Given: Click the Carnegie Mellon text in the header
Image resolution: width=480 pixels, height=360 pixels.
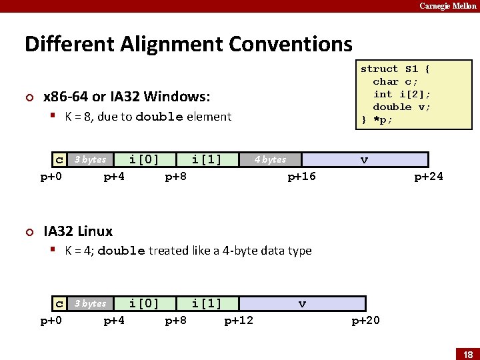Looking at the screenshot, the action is point(448,6).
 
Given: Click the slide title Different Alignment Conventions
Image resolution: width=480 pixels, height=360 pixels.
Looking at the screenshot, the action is point(189,44).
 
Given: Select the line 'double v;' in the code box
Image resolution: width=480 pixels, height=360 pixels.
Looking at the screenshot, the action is point(401,107).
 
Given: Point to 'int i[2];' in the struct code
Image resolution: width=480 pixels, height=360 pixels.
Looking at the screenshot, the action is point(401,94).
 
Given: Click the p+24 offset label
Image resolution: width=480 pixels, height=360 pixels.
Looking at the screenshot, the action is point(428,177).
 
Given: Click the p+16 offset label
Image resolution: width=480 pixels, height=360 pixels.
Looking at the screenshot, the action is point(301,177).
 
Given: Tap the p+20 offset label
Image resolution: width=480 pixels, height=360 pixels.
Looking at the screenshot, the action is point(365,321).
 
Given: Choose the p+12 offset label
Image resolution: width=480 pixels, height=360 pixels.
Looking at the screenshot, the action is point(239,321).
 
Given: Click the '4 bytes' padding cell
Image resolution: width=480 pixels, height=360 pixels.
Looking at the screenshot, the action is point(270,160).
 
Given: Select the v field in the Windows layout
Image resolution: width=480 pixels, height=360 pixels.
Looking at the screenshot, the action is point(364,160).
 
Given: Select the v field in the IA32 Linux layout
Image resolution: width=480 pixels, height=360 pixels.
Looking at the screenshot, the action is point(302,304).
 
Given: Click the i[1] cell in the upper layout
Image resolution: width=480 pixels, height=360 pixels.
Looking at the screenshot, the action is point(207,160).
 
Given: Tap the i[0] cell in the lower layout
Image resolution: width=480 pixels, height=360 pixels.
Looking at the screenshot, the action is point(144,304).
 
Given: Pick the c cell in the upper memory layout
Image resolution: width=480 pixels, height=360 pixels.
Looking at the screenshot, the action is point(60,160).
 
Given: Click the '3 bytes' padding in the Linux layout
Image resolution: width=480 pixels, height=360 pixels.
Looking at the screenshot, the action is point(90,304).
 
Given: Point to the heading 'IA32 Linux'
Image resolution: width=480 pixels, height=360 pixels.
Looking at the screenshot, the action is point(78,231).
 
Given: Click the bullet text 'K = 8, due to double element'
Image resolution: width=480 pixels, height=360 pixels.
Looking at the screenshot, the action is point(148,117).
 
